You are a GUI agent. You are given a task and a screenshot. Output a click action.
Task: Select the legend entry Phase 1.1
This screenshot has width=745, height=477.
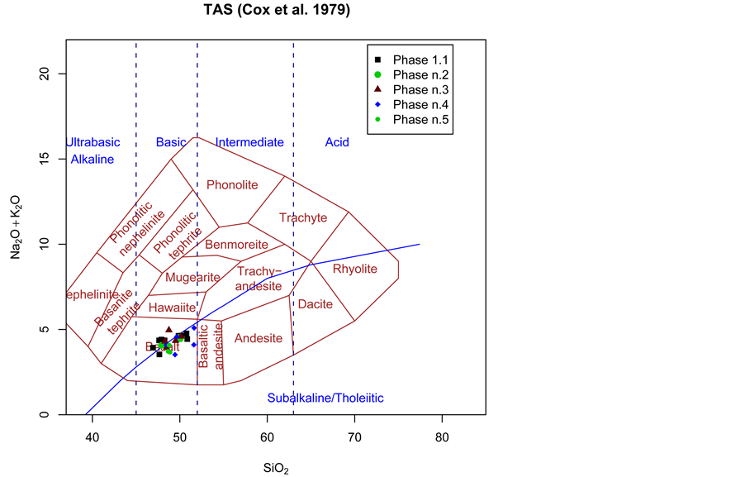pos(420,60)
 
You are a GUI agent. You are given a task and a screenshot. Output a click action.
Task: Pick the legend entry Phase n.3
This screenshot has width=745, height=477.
pos(420,90)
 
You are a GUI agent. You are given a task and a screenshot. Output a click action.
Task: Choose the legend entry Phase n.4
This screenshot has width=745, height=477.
pos(420,105)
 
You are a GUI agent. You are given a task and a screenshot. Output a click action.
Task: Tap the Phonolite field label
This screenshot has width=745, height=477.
pos(232,184)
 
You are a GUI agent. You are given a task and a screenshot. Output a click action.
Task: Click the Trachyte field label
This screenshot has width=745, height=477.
pos(302,218)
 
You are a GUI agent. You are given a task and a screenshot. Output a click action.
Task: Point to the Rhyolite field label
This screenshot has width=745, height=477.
pos(354,269)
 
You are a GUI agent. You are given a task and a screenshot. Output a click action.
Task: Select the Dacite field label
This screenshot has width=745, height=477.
pos(315,304)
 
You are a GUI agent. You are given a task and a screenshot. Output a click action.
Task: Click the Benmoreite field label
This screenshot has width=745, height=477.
pos(236,245)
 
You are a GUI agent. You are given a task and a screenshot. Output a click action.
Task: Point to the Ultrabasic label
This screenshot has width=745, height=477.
pos(93,142)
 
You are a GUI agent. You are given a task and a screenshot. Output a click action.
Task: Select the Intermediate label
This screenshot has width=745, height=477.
pos(249,142)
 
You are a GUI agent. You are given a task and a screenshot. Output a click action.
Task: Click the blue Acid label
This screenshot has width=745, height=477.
pos(337,142)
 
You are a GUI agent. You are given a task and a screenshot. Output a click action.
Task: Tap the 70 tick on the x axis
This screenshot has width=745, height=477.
pos(354,437)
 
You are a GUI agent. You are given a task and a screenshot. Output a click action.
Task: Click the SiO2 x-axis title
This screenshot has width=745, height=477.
pos(276,467)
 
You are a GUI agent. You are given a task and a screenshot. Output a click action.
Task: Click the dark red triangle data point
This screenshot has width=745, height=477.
pos(168,329)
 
